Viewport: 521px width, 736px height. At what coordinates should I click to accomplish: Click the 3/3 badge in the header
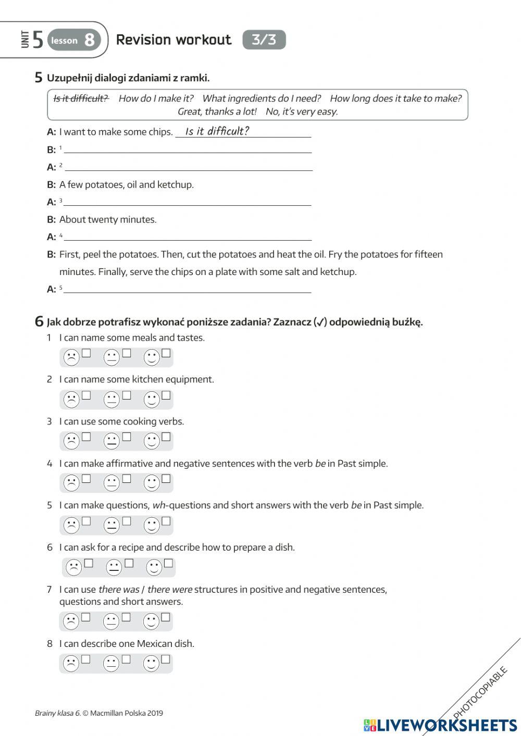point(264,40)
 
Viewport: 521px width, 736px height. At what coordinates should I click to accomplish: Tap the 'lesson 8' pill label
point(73,40)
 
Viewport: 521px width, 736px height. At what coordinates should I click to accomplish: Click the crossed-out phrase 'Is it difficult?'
point(81,98)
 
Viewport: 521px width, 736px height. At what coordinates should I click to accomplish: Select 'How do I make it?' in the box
point(156,98)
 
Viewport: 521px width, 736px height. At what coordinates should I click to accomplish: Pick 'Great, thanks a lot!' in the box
point(217,111)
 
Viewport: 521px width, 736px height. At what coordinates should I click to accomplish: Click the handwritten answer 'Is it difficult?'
point(217,131)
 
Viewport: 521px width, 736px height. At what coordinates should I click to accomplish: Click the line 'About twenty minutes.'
point(108,219)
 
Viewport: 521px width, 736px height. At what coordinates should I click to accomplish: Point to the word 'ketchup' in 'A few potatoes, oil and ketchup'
point(177,184)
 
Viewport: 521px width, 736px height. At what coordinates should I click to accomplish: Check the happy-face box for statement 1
point(166,353)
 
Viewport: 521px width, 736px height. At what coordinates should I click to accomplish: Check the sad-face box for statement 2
point(86,395)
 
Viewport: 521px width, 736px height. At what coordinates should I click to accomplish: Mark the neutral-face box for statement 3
point(127,437)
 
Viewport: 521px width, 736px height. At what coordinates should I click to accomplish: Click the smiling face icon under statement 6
point(154,567)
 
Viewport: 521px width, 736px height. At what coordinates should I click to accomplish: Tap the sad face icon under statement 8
point(71,664)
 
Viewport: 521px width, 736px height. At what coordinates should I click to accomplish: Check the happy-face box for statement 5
point(166,521)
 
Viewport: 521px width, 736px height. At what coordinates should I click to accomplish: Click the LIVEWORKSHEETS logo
point(440,725)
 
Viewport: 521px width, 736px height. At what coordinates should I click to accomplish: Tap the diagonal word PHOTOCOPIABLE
point(480,692)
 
